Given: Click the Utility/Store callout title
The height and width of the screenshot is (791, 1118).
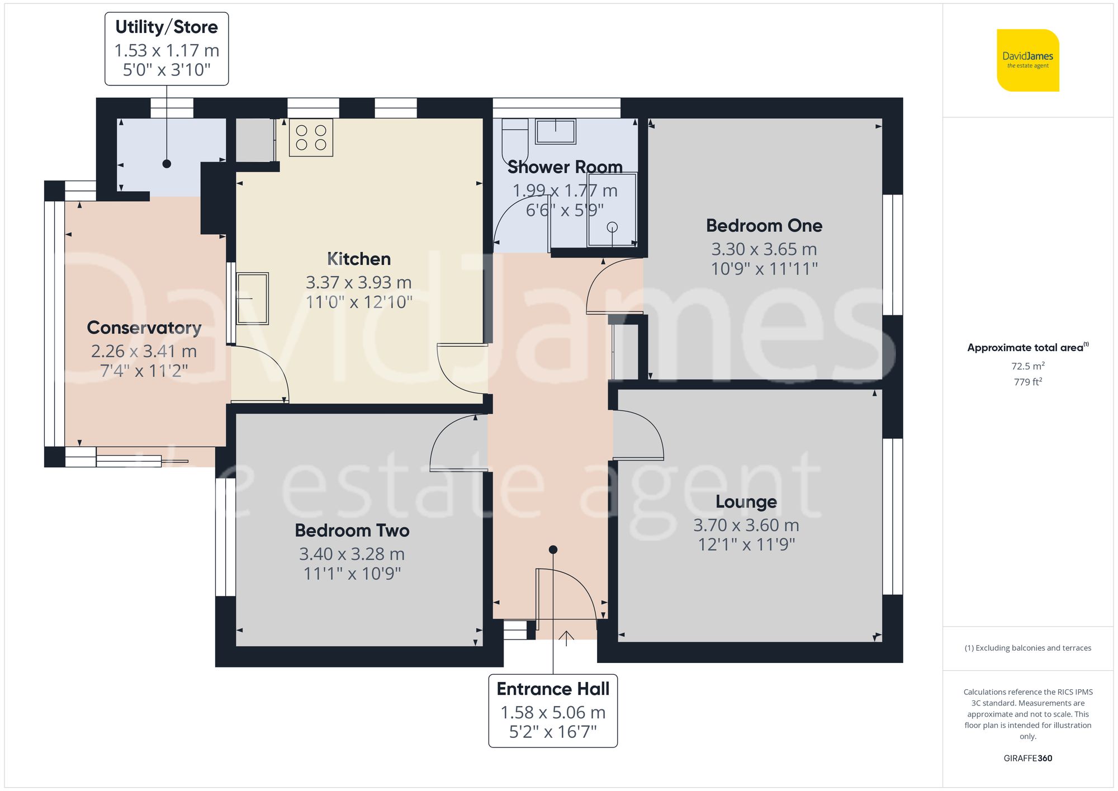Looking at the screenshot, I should [x=167, y=27].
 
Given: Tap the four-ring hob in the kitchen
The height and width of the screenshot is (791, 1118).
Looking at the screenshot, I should [x=311, y=138].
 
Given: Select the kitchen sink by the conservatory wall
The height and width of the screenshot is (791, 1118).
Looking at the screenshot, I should [x=252, y=299].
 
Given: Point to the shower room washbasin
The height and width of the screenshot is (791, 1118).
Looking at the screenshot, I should [x=555, y=131].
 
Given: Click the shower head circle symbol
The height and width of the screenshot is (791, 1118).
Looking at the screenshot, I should [x=612, y=227].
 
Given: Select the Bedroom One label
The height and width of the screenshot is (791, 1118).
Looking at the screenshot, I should [x=764, y=226].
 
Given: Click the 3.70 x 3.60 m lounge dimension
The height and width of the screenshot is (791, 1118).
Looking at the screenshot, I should [x=746, y=525].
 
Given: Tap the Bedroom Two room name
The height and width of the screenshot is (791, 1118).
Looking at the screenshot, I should [x=352, y=531].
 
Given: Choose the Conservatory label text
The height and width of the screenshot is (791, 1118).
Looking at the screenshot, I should [x=144, y=328].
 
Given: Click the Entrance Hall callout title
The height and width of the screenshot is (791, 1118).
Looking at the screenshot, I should [x=553, y=689].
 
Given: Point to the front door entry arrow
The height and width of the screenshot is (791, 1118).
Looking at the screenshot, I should [x=566, y=637].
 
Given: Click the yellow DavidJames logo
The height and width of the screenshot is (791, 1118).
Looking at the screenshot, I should [x=1027, y=60].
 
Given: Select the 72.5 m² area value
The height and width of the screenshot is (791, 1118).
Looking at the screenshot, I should [x=1027, y=366].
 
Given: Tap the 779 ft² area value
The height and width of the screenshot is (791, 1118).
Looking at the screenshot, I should [x=1027, y=382].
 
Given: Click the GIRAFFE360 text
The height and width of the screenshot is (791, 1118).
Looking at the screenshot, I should [x=1027, y=759].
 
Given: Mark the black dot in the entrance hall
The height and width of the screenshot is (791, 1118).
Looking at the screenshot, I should [x=553, y=550].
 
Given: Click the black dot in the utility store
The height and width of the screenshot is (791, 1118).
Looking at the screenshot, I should [x=167, y=164].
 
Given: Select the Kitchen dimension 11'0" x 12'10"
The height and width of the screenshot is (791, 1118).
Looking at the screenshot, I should [x=359, y=302].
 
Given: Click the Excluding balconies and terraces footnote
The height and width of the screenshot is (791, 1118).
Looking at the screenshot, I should [x=1027, y=648].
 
